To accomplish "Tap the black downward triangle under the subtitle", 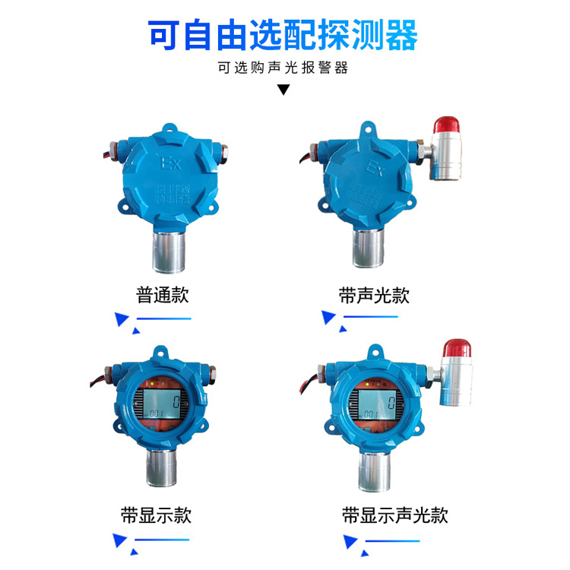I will (x=283, y=90).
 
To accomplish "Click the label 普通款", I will (x=163, y=295).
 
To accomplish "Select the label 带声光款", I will (x=374, y=295).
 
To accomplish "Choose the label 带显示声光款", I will (x=394, y=516).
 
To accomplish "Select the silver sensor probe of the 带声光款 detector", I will (x=368, y=252).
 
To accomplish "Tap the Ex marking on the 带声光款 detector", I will (x=375, y=165).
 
